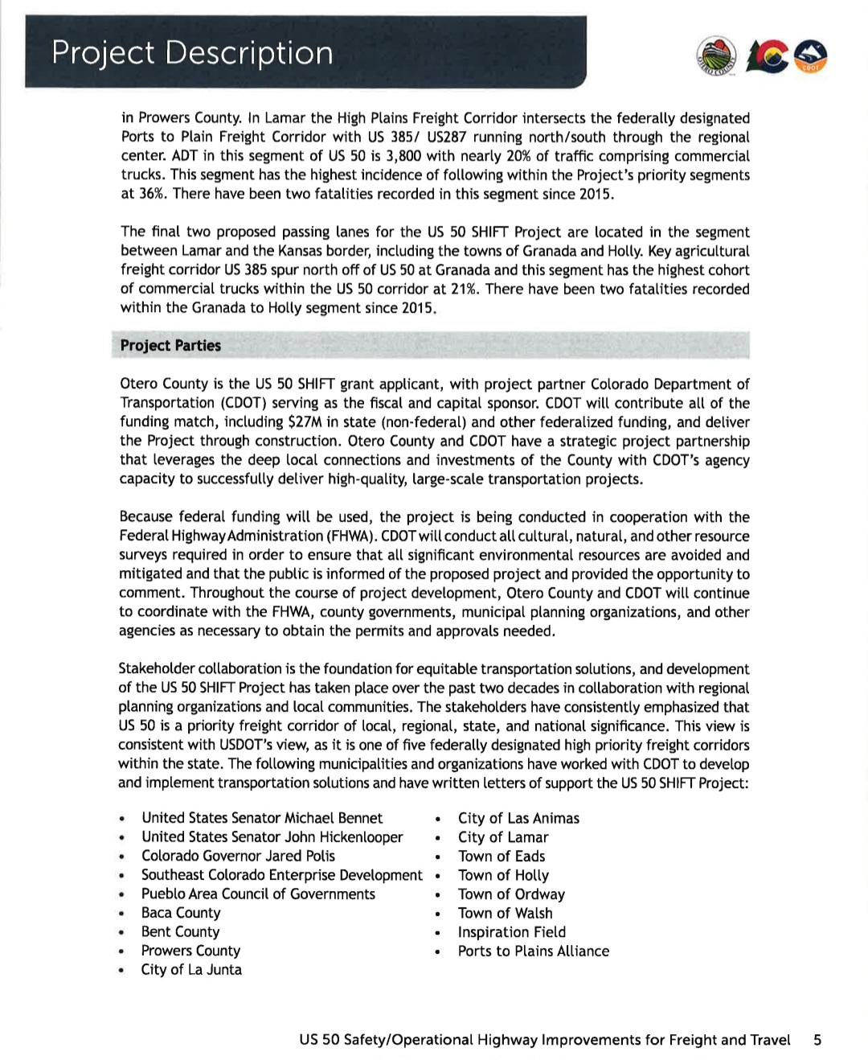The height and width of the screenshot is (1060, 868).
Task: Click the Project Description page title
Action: pyautogui.click(x=192, y=53)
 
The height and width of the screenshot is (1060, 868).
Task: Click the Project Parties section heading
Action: pyautogui.click(x=170, y=346)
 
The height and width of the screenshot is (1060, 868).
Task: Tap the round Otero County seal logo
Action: pyautogui.click(x=716, y=56)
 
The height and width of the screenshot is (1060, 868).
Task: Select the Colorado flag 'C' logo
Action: pyautogui.click(x=768, y=56)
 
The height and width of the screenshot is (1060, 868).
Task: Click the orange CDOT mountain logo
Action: pyautogui.click(x=810, y=56)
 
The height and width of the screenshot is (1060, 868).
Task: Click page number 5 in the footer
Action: pyautogui.click(x=817, y=1040)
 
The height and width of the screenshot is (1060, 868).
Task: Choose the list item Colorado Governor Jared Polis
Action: pyautogui.click(x=238, y=856)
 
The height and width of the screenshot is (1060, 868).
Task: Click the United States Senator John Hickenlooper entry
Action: pyautogui.click(x=272, y=837)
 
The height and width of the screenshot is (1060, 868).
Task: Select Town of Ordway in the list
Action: pyautogui.click(x=511, y=894)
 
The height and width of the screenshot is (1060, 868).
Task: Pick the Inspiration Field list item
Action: pyautogui.click(x=511, y=932)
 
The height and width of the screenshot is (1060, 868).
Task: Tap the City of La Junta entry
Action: pyautogui.click(x=191, y=970)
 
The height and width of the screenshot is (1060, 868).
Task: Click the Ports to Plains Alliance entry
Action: pyautogui.click(x=533, y=951)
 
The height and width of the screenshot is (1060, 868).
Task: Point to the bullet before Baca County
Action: pyautogui.click(x=121, y=914)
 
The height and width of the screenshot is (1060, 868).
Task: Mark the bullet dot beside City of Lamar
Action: pyautogui.click(x=437, y=838)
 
